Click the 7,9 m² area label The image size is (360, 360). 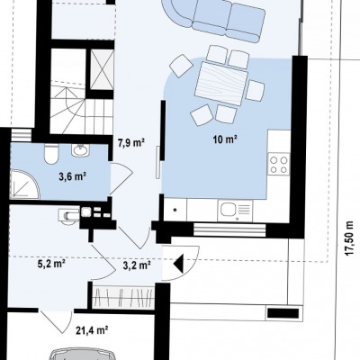coord(131,142)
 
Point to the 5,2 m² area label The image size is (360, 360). coord(51,264)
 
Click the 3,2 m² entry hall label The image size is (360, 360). coord(137,265)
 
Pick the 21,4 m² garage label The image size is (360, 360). coord(92,330)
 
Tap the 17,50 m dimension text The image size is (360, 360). coord(349,239)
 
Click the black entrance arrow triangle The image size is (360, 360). coord(178,264)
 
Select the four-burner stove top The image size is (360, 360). coord(279,164)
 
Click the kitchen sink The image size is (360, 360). coord(236,209)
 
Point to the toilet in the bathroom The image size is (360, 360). coord(50,154)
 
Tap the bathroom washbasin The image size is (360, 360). coord(80,149)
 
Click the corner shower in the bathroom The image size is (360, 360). coord(24,184)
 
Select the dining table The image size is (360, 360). coord(221,83)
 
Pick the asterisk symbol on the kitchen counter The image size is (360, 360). coord(175,210)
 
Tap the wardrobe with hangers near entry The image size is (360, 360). coord(123,297)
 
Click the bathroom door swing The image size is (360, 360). coord(121,178)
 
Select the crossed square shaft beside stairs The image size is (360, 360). coord(102,70)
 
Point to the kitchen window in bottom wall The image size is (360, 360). coord(229,230)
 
